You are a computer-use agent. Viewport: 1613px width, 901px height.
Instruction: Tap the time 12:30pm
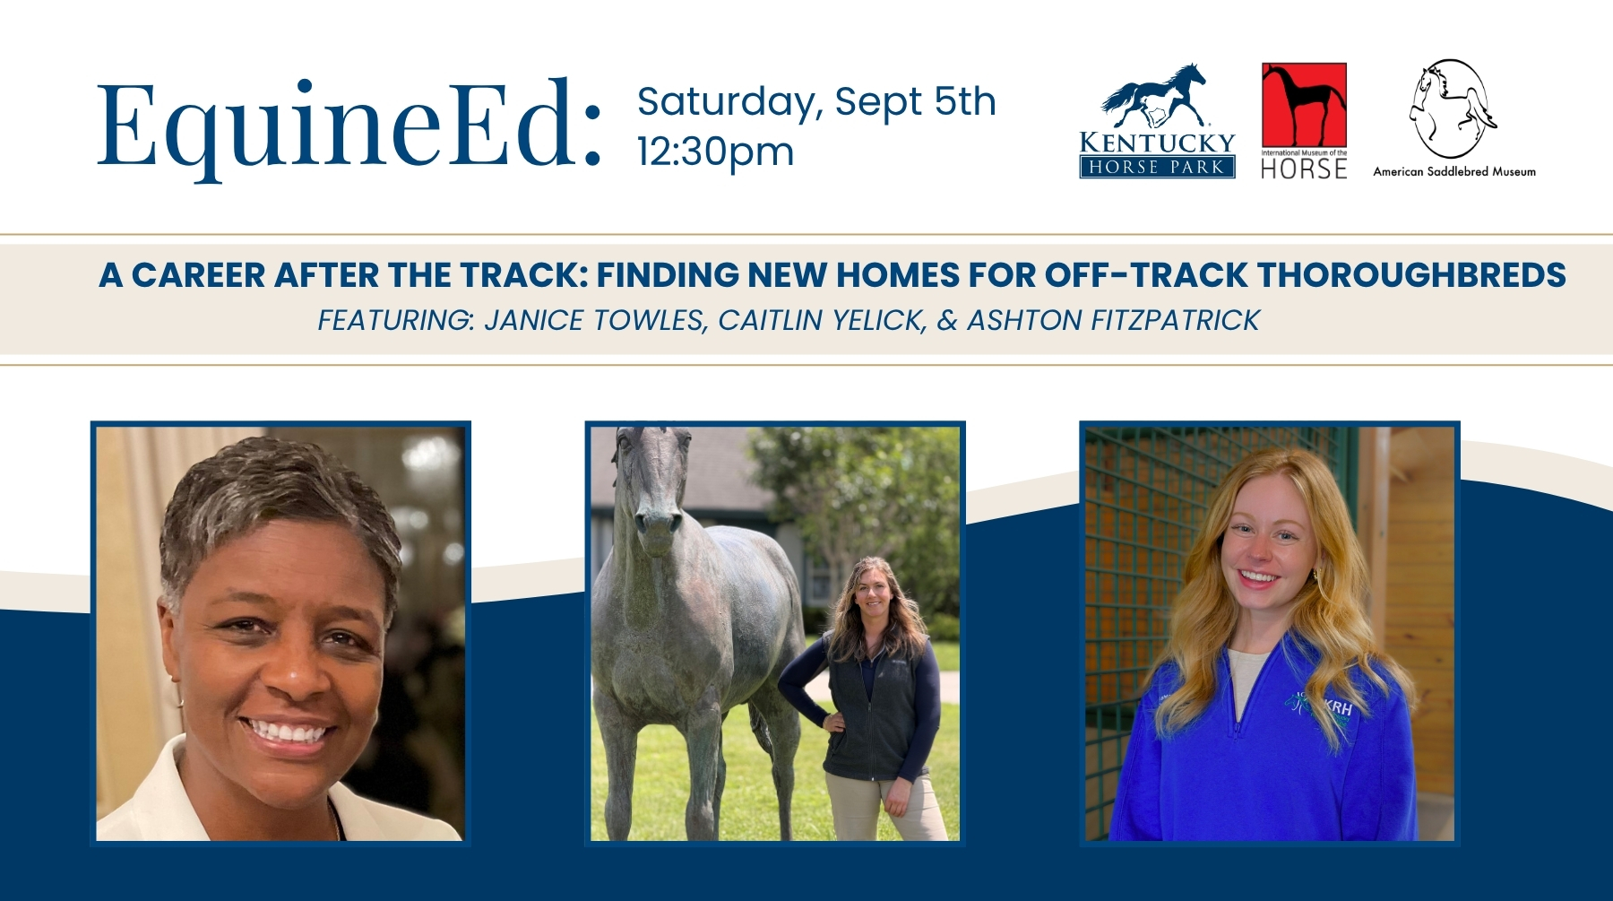click(x=715, y=152)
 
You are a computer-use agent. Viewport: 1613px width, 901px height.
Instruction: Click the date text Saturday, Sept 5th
click(x=816, y=102)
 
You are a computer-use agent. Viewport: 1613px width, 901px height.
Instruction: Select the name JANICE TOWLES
click(x=594, y=320)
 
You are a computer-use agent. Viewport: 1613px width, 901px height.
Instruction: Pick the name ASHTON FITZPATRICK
click(x=1113, y=320)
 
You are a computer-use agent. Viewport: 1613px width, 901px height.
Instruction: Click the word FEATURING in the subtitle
click(x=395, y=320)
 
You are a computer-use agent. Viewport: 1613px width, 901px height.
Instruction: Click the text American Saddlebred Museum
click(x=1454, y=171)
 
